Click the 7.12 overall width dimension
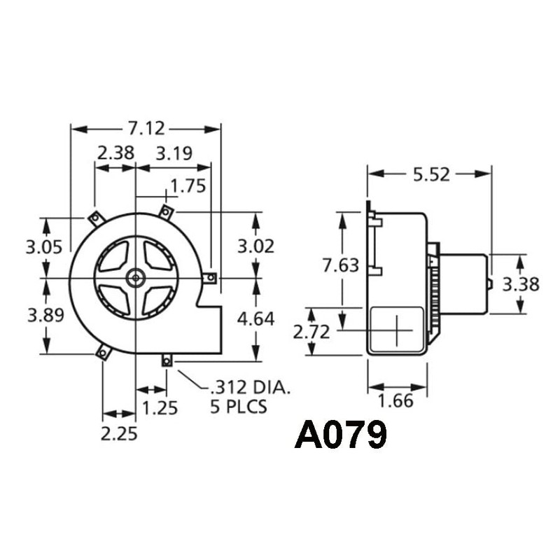(146, 129)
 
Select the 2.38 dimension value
(115, 153)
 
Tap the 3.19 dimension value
(174, 153)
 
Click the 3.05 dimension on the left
(45, 246)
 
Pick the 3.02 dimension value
(255, 246)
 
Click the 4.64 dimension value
(255, 319)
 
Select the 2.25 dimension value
(118, 434)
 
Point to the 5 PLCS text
(238, 407)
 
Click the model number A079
(341, 435)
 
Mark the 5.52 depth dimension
(430, 174)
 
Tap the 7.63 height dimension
(341, 265)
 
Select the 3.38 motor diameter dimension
(521, 285)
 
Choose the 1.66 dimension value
(395, 401)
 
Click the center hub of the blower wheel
(134, 279)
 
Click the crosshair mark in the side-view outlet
(396, 330)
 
